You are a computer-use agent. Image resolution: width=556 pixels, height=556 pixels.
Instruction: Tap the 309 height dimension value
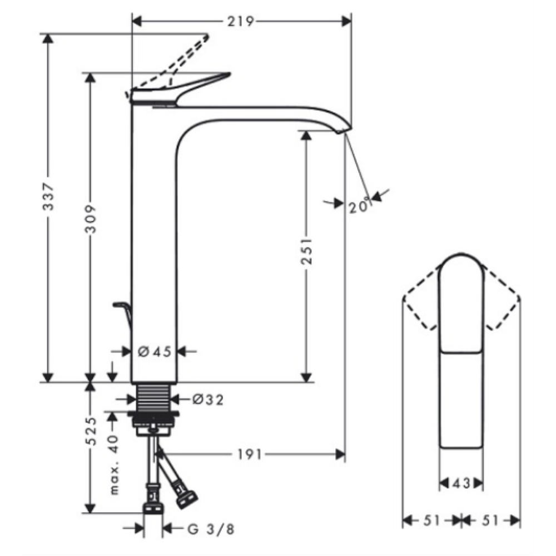(x=91, y=219)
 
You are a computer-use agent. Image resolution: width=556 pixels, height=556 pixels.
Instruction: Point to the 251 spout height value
(x=307, y=251)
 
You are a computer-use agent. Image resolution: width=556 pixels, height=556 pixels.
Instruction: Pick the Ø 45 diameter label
(x=154, y=352)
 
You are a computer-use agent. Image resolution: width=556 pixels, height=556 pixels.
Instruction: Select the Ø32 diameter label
(x=208, y=400)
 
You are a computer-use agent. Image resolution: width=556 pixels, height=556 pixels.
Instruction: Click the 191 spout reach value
(x=249, y=454)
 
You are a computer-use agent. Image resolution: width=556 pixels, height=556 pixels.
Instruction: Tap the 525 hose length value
(x=91, y=431)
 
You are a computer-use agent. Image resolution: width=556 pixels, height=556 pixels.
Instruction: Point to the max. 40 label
(x=113, y=465)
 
